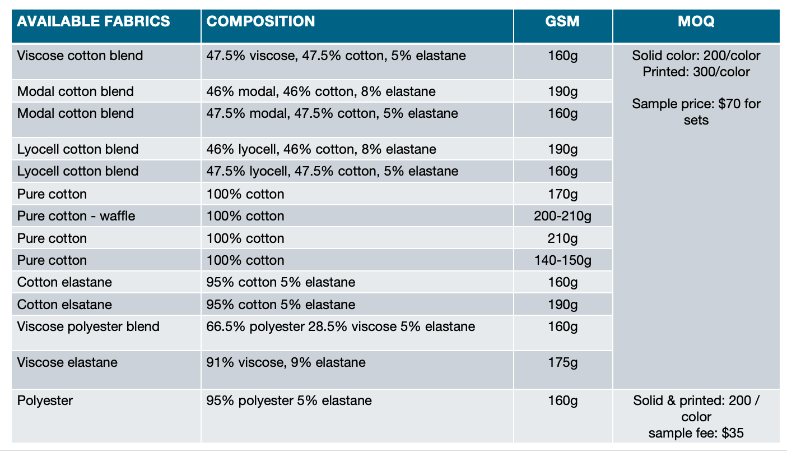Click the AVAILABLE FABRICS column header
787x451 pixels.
pyautogui.click(x=94, y=21)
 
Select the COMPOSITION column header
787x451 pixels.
pyautogui.click(x=260, y=21)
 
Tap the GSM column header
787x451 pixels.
pyautogui.click(x=562, y=21)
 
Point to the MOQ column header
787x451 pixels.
pyautogui.click(x=696, y=21)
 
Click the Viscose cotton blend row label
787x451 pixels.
pyautogui.click(x=80, y=56)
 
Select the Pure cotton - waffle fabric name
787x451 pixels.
pyautogui.click(x=76, y=216)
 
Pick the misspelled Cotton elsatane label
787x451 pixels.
pyautogui.click(x=64, y=305)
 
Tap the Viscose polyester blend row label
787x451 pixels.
pyautogui.click(x=88, y=327)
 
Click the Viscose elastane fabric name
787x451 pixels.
pyautogui.click(x=67, y=362)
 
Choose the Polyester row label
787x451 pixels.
pyautogui.click(x=45, y=401)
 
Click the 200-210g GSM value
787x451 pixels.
pyautogui.click(x=562, y=216)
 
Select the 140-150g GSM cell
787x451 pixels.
pyautogui.click(x=562, y=260)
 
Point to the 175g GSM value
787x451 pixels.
pyautogui.click(x=563, y=362)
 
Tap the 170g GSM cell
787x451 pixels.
pyautogui.click(x=563, y=194)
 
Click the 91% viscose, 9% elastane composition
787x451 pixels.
pyautogui.click(x=286, y=362)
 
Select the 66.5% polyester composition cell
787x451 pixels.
pyautogui.click(x=341, y=327)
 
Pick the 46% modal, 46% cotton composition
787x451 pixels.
pyautogui.click(x=321, y=91)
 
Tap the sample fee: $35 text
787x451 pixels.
pyautogui.click(x=696, y=433)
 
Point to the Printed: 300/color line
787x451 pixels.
pyautogui.click(x=696, y=72)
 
